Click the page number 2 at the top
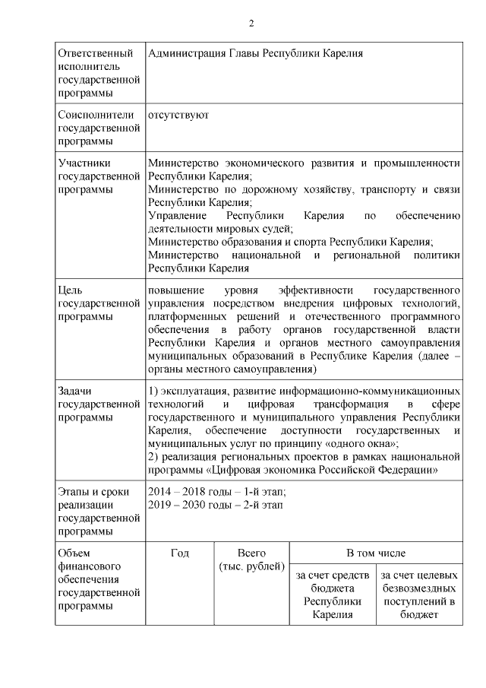[251, 24]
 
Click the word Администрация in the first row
[182, 53]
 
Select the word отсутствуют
[178, 115]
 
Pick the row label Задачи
[74, 391]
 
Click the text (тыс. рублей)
[251, 566]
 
